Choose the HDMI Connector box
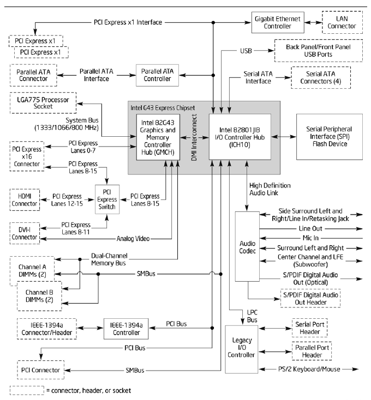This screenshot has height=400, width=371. coord(24,199)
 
